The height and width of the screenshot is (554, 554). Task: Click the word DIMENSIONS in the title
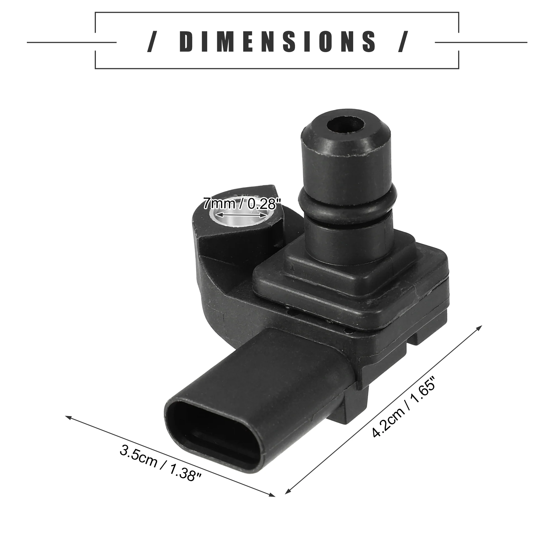[277, 42]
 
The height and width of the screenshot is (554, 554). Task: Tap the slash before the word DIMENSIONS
[152, 42]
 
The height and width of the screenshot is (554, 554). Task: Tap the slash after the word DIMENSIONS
[403, 42]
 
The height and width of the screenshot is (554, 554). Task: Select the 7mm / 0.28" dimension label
[241, 204]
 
